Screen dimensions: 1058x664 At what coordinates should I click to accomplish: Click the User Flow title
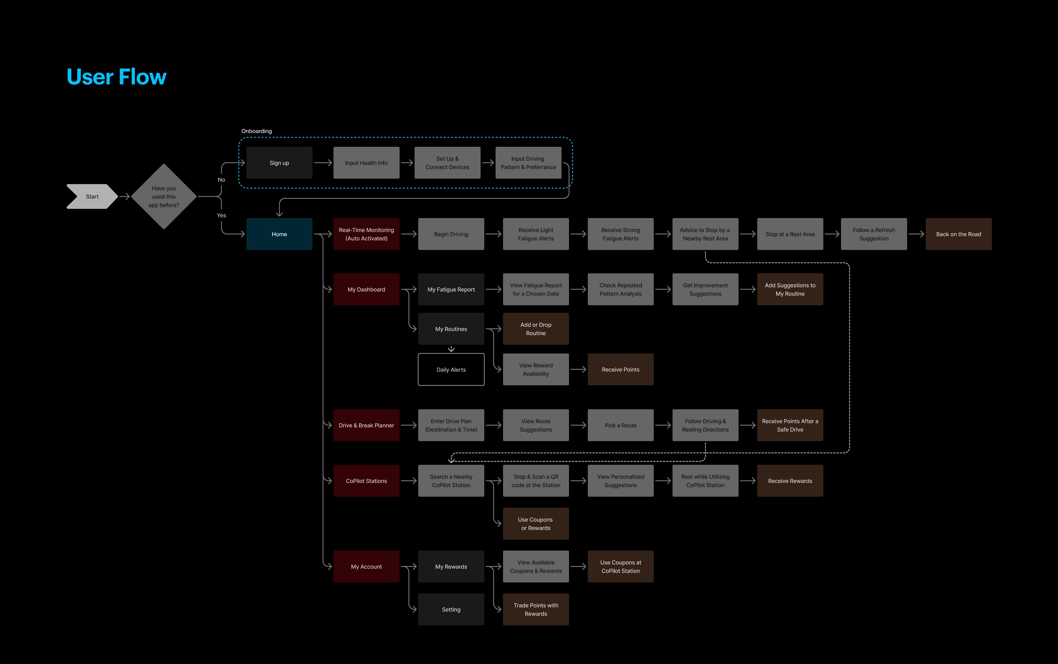[116, 77]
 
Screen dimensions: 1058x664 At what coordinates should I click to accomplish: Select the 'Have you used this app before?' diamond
[164, 196]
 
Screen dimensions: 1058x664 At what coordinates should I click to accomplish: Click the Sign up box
[279, 163]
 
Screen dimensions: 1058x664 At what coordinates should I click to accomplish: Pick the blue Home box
[279, 234]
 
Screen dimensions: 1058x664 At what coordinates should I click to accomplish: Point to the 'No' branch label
[221, 180]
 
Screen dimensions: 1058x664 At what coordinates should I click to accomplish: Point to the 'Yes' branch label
[221, 215]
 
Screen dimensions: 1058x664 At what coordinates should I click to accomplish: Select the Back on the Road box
[958, 234]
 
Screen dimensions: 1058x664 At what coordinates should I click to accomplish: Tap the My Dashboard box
[366, 290]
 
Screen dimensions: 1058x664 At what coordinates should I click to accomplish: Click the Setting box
[451, 610]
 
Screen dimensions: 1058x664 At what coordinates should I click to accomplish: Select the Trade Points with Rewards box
[536, 610]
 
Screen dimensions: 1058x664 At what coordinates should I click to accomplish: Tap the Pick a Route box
[620, 425]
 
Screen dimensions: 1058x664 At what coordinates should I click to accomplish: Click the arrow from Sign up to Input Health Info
[323, 163]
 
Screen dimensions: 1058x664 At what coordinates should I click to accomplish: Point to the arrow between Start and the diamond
[125, 196]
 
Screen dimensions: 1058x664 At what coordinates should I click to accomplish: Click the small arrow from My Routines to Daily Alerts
[451, 349]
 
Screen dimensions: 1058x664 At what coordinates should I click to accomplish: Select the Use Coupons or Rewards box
[536, 523]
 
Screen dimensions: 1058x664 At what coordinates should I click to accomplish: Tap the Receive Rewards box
[790, 481]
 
